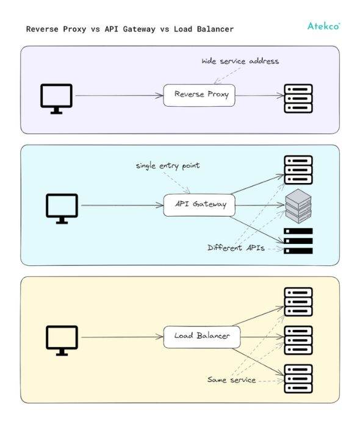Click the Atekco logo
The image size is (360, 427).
tap(323, 26)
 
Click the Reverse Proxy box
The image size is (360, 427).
tap(199, 95)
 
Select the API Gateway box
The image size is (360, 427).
tap(200, 204)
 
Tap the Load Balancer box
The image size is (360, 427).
tap(201, 336)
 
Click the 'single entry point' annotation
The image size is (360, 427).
tap(167, 166)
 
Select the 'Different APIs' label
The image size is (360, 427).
tap(236, 248)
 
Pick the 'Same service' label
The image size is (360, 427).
tap(231, 380)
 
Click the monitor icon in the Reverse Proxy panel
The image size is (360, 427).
tap(57, 98)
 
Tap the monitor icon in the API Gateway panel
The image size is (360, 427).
tap(62, 208)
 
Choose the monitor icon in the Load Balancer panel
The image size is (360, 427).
tap(62, 340)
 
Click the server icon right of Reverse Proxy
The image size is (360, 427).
tap(298, 98)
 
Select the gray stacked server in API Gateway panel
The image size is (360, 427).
tap(298, 206)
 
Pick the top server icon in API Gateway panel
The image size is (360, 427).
tap(298, 170)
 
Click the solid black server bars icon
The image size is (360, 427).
tap(298, 241)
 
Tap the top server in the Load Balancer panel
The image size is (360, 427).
tap(298, 301)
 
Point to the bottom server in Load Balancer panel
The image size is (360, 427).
tap(298, 378)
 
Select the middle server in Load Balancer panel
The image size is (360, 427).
tap(298, 340)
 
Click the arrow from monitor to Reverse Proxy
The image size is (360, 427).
tap(119, 95)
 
